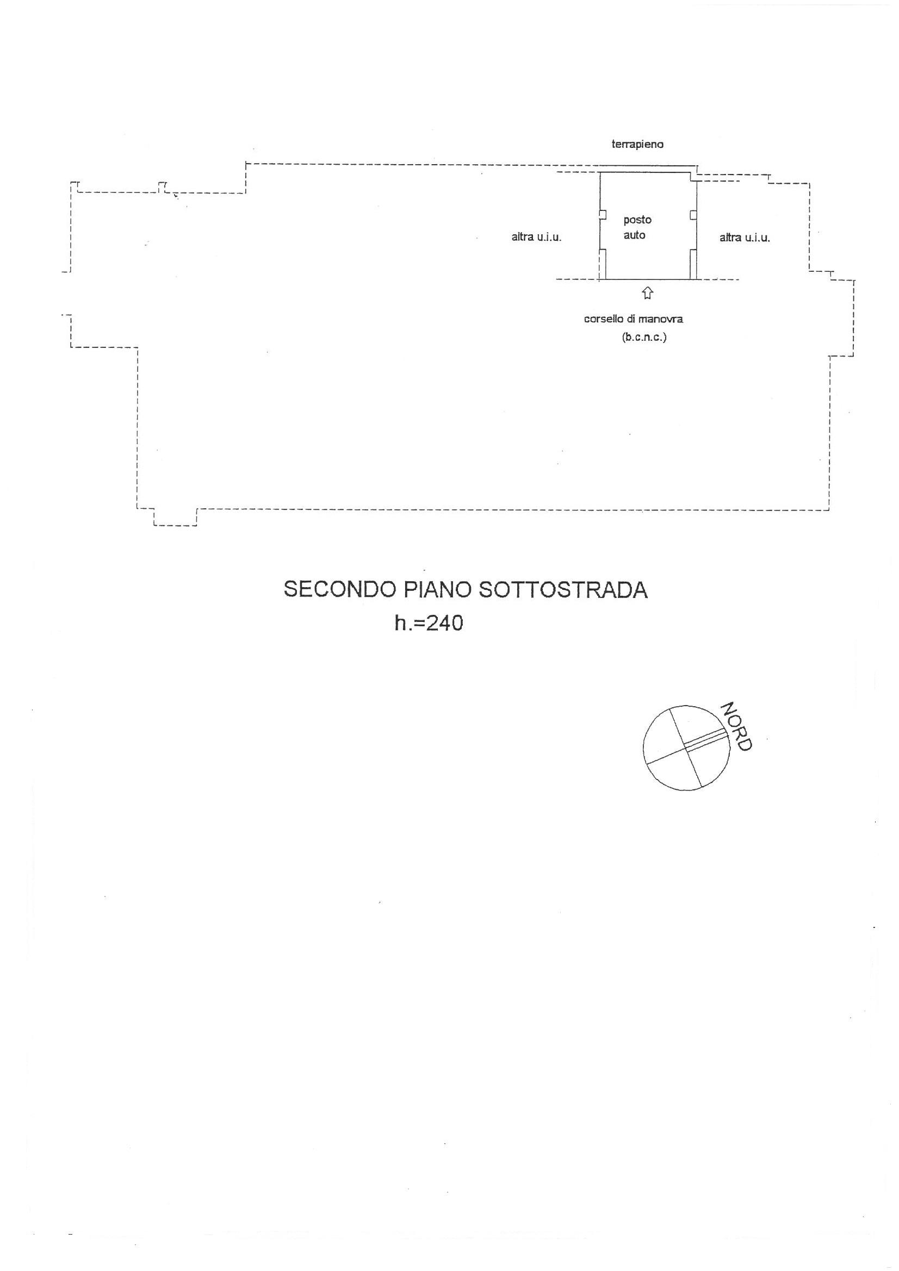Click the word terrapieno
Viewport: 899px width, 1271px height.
point(637,145)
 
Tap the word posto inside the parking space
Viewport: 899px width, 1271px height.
point(637,220)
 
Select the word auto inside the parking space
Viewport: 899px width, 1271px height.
point(634,235)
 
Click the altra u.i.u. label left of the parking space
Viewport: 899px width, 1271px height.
point(536,238)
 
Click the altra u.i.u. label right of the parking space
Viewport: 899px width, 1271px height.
point(745,238)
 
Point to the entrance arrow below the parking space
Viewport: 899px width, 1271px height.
point(648,294)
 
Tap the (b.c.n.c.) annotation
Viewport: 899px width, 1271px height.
point(643,337)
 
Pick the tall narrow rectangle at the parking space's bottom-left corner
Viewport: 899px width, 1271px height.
point(603,265)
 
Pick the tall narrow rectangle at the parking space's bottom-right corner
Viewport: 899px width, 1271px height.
point(693,265)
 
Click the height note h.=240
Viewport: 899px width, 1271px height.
point(429,624)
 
